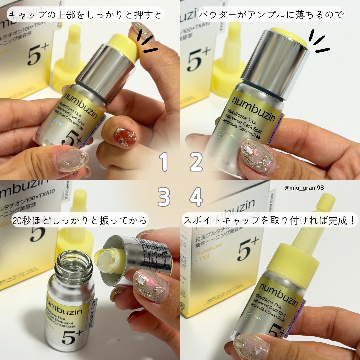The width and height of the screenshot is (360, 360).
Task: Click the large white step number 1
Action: coord(163,162)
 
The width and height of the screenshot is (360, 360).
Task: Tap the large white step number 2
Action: coord(196,162)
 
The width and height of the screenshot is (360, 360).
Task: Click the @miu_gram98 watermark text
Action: coord(304,188)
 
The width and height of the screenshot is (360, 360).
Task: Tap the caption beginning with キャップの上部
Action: coord(85,15)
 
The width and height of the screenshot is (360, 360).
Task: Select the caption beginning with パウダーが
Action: coord(271,15)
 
